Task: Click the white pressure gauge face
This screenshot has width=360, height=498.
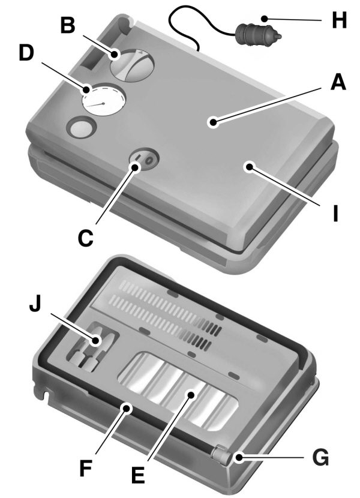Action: click(103, 103)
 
